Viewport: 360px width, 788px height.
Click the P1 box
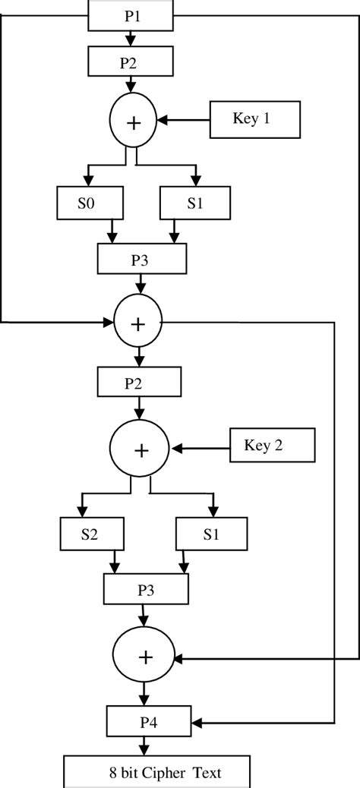(x=131, y=15)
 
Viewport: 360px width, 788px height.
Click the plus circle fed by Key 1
(x=134, y=121)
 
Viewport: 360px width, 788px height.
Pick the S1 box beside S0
(x=194, y=203)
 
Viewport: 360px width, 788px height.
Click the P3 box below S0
(x=142, y=259)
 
